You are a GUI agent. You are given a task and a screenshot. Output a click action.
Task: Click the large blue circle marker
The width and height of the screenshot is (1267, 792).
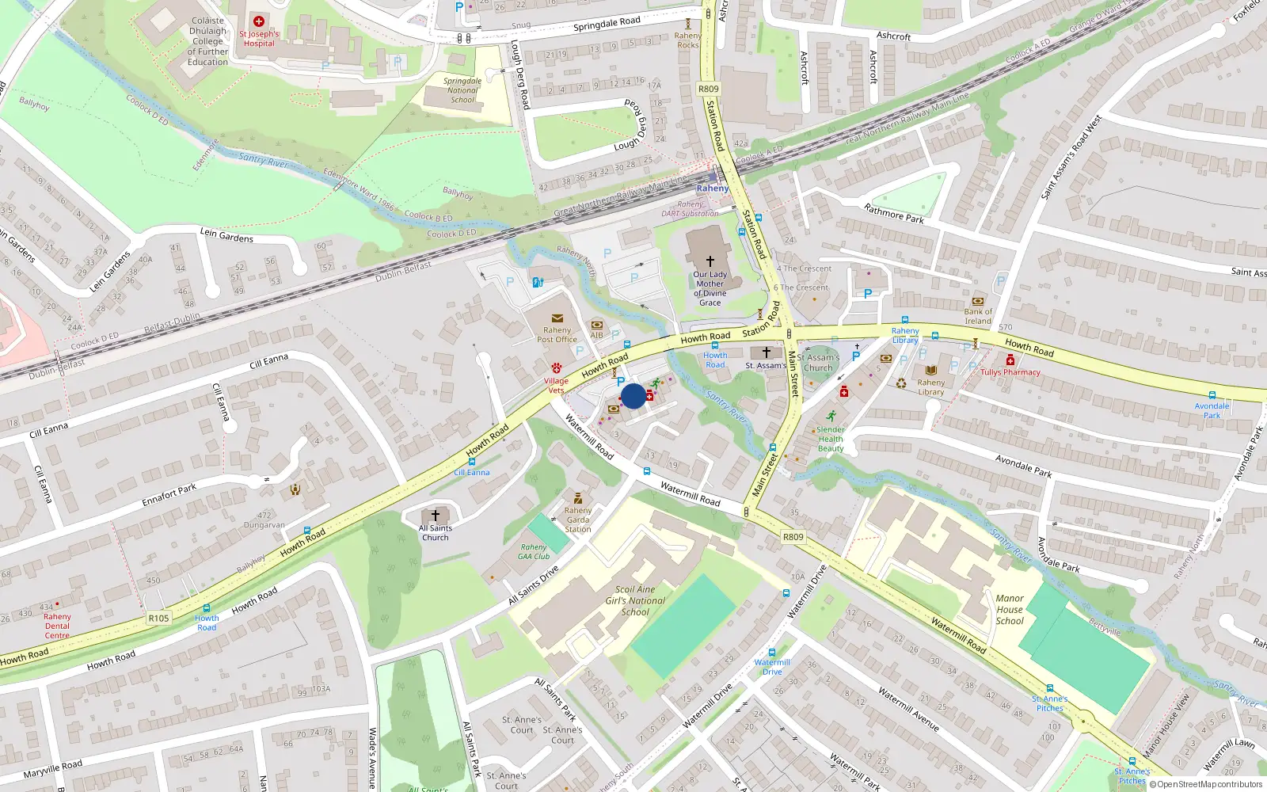point(633,396)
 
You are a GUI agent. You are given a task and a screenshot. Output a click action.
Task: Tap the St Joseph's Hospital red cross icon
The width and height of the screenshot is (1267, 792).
point(259,21)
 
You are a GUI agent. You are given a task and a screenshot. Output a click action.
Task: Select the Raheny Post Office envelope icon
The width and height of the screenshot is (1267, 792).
point(557,318)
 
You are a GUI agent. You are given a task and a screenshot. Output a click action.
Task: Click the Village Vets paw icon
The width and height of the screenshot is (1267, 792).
point(557,368)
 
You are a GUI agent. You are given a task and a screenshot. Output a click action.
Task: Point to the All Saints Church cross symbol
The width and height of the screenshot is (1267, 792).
point(435,516)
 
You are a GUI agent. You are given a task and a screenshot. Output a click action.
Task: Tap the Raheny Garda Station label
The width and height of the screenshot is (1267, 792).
point(578,520)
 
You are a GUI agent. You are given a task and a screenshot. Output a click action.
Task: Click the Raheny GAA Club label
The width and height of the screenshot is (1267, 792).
point(534,551)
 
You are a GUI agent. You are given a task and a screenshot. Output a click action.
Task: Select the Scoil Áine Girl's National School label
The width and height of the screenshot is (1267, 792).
point(635,600)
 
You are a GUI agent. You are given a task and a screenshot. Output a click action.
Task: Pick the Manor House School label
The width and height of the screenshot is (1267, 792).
point(1010,610)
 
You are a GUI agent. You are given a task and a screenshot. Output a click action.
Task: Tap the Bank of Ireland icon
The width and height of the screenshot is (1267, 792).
point(978,302)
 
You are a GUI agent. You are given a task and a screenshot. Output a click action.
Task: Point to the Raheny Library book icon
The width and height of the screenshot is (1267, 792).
point(931,371)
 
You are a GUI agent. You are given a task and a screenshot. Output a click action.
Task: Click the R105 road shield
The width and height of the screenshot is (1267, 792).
point(158,618)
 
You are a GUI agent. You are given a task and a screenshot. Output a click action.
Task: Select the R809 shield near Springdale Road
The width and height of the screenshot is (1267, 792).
point(709,89)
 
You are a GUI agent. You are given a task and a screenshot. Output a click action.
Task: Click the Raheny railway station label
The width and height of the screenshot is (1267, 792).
point(712,188)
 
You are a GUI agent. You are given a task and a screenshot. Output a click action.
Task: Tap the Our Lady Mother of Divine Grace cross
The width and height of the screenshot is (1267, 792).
point(710,261)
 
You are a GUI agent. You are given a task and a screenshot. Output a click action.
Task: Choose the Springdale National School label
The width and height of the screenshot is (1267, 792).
point(462,90)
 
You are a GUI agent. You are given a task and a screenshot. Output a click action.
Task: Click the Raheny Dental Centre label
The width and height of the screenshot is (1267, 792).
point(57,626)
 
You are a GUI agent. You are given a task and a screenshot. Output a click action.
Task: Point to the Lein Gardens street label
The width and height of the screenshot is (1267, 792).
point(226,235)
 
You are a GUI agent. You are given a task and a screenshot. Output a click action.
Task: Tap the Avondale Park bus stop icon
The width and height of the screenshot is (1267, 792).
point(1212,395)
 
